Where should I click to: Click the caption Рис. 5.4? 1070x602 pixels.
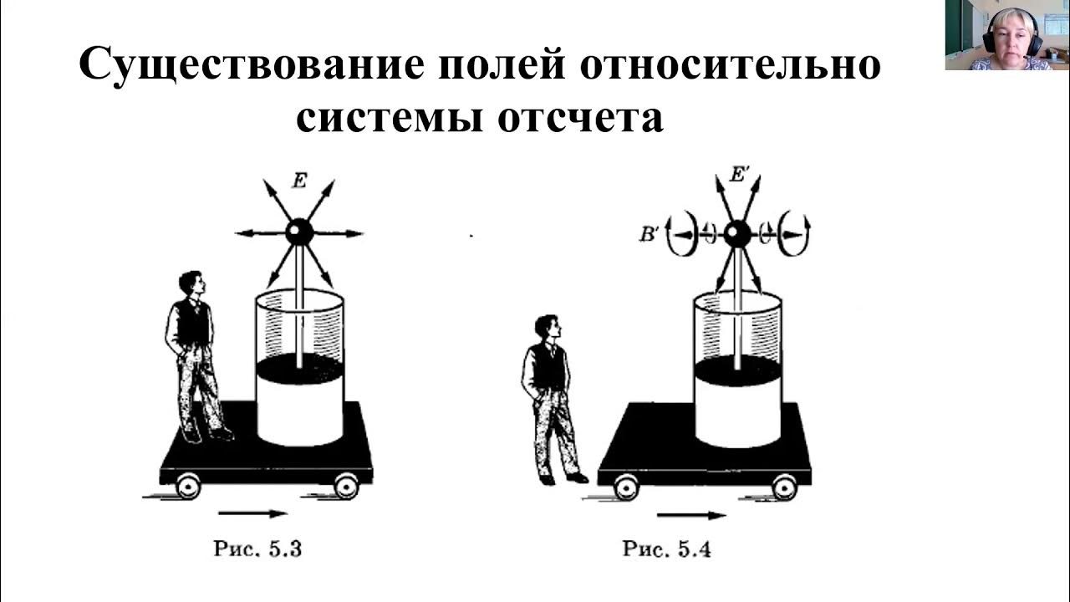[666, 549]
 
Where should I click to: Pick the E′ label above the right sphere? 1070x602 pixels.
[740, 176]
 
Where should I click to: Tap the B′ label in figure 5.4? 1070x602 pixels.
[650, 235]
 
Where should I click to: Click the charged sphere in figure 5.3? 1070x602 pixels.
[299, 232]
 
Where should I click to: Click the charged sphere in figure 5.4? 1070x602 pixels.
[736, 235]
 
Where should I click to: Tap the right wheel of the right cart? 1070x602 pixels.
[784, 487]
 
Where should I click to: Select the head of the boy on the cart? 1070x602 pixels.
[191, 283]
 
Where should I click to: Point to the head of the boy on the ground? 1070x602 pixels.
[548, 326]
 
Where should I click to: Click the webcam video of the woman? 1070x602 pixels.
[1007, 35]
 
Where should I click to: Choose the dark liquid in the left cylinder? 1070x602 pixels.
[299, 368]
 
